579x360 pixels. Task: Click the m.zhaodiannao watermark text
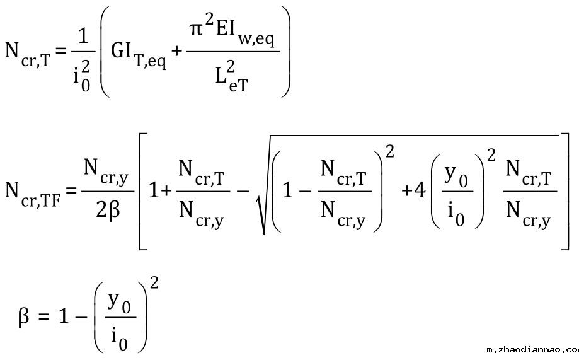[x=532, y=349]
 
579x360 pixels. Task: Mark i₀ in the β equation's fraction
[x=119, y=336]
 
